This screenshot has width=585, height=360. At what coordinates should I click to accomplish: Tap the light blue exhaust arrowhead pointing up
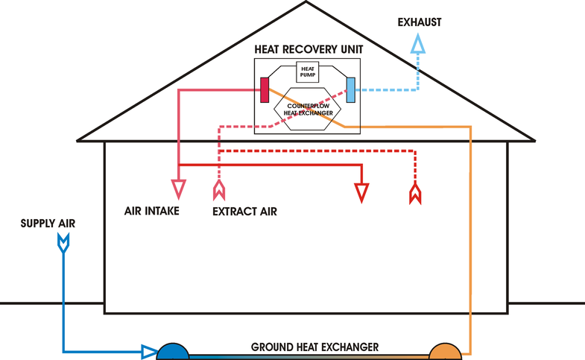418,47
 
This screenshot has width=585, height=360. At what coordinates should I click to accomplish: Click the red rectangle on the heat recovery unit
264,89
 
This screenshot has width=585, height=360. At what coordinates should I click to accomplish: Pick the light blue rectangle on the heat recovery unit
350,89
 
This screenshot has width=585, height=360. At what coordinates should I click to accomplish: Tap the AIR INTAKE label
151,211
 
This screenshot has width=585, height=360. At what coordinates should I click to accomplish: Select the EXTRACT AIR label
244,212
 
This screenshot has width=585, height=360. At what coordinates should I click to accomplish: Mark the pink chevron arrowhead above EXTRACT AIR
218,190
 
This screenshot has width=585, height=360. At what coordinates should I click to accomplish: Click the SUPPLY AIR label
48,223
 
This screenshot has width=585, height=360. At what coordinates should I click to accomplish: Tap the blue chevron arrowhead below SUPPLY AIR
63,241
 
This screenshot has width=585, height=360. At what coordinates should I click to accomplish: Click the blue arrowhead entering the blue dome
149,351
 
